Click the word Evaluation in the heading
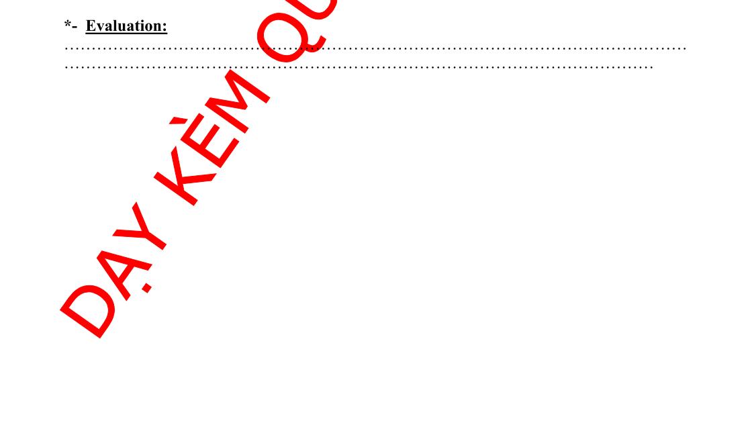pos(126,26)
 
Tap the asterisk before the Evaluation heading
pos(68,24)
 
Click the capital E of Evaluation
pos(91,26)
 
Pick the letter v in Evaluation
pos(98,28)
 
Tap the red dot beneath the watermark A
pos(147,289)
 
